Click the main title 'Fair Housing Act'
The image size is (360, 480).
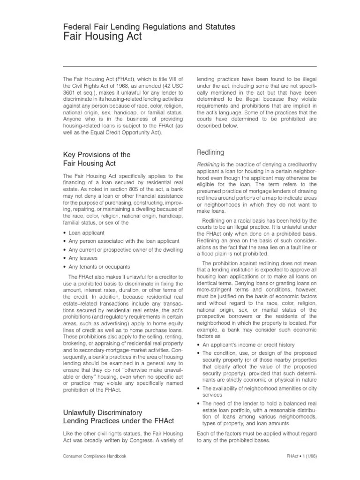point(102,37)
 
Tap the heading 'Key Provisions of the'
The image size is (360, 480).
point(97,155)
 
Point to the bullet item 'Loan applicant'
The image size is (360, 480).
point(86,232)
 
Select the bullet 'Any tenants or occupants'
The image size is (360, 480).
point(99,266)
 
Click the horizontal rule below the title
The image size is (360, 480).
point(189,67)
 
